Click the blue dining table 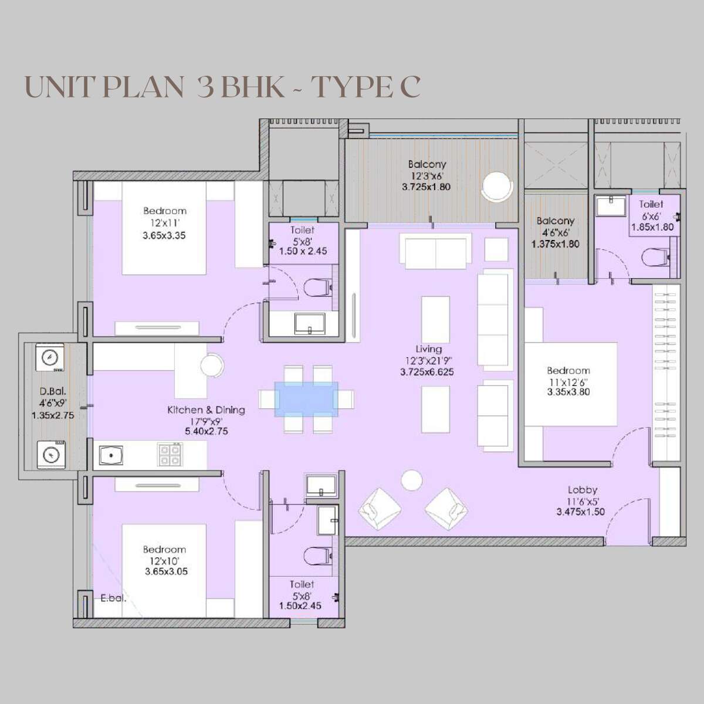306,399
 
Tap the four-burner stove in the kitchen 170,454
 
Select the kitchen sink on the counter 110,455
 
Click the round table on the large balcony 496,187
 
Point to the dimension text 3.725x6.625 427,372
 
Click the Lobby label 583,490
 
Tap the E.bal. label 113,599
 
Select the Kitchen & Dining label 206,410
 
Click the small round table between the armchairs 411,480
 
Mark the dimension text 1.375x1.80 555,243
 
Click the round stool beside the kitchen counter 211,365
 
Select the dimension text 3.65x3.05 166,571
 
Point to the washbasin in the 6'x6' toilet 610,207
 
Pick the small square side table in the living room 496,249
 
